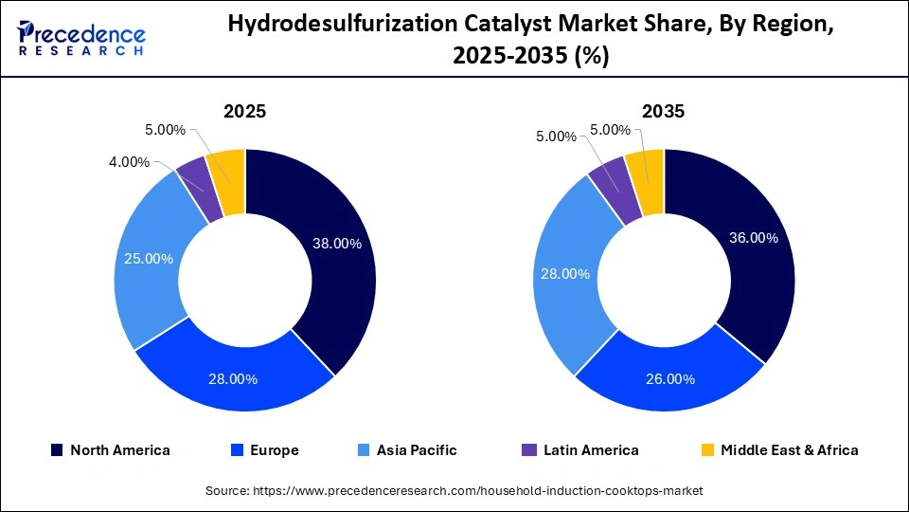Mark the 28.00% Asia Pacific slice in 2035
tap(565, 275)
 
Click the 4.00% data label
tap(130, 162)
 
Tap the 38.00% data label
tap(337, 244)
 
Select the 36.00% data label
tap(754, 238)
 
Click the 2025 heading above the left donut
tap(244, 112)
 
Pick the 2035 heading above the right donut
tap(664, 112)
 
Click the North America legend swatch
tap(56, 450)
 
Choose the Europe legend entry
tap(266, 450)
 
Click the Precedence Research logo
tap(81, 39)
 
